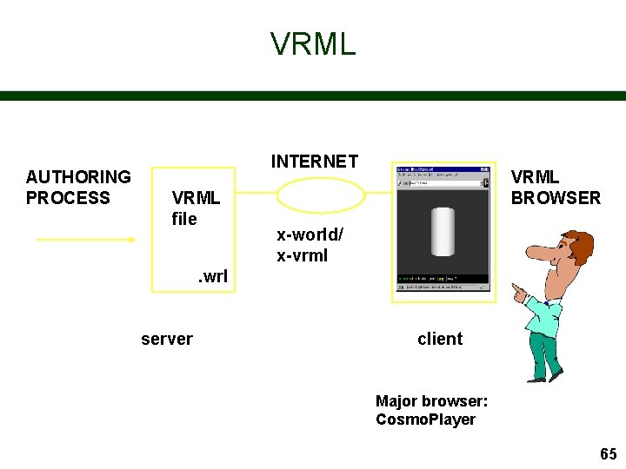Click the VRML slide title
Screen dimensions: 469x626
coord(313,43)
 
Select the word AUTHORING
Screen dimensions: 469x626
coord(78,177)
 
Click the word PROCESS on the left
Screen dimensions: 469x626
coord(68,198)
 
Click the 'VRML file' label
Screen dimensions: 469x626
coord(195,208)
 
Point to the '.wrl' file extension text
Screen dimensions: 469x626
coord(212,277)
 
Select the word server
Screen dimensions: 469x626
coord(167,339)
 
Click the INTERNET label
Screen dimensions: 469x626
coord(314,162)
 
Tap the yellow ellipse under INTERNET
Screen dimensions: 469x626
coord(320,195)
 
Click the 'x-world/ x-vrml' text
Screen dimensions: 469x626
coord(310,245)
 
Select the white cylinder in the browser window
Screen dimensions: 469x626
coord(443,231)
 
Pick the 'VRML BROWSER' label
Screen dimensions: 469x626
coord(555,188)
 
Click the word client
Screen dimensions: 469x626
coord(440,339)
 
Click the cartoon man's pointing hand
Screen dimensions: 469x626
coord(519,293)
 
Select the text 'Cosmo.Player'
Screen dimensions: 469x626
coord(425,419)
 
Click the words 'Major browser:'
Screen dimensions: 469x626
coord(431,401)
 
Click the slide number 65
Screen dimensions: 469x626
coord(608,454)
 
